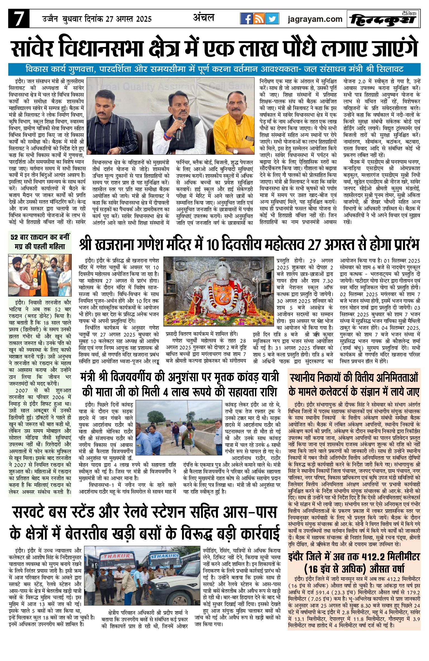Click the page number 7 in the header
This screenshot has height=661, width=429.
(19, 19)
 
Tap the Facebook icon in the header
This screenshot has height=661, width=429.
(247, 19)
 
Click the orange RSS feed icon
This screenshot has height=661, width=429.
(259, 19)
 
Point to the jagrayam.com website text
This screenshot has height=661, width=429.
(315, 19)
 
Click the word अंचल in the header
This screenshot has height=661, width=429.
(204, 18)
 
